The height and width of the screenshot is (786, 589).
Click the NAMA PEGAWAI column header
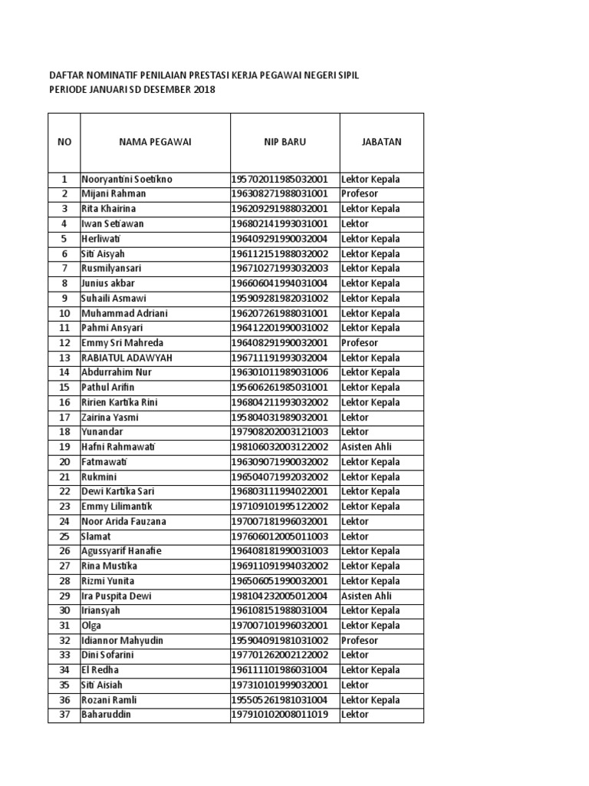pos(154,142)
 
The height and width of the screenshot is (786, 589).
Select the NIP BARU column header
pos(285,142)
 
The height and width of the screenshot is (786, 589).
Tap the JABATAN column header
pos(381,142)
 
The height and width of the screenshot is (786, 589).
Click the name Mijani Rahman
pos(114,194)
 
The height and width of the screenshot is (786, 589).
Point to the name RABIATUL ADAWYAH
pos(127,358)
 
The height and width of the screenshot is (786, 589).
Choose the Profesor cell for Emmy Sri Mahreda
pos(360,343)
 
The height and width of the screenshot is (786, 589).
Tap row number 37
pos(64,715)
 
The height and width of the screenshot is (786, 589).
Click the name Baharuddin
pos(107,715)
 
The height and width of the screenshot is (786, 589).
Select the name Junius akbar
pos(108,283)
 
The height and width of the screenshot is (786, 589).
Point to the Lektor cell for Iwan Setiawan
pos(355,224)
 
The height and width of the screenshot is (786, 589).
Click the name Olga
pos(91,626)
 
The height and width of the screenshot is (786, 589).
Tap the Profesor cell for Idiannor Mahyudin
pos(360,640)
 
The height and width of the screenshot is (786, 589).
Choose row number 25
pos(64,537)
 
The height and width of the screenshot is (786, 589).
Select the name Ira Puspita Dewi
pos(117,596)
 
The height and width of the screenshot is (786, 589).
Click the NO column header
pos(64,142)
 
